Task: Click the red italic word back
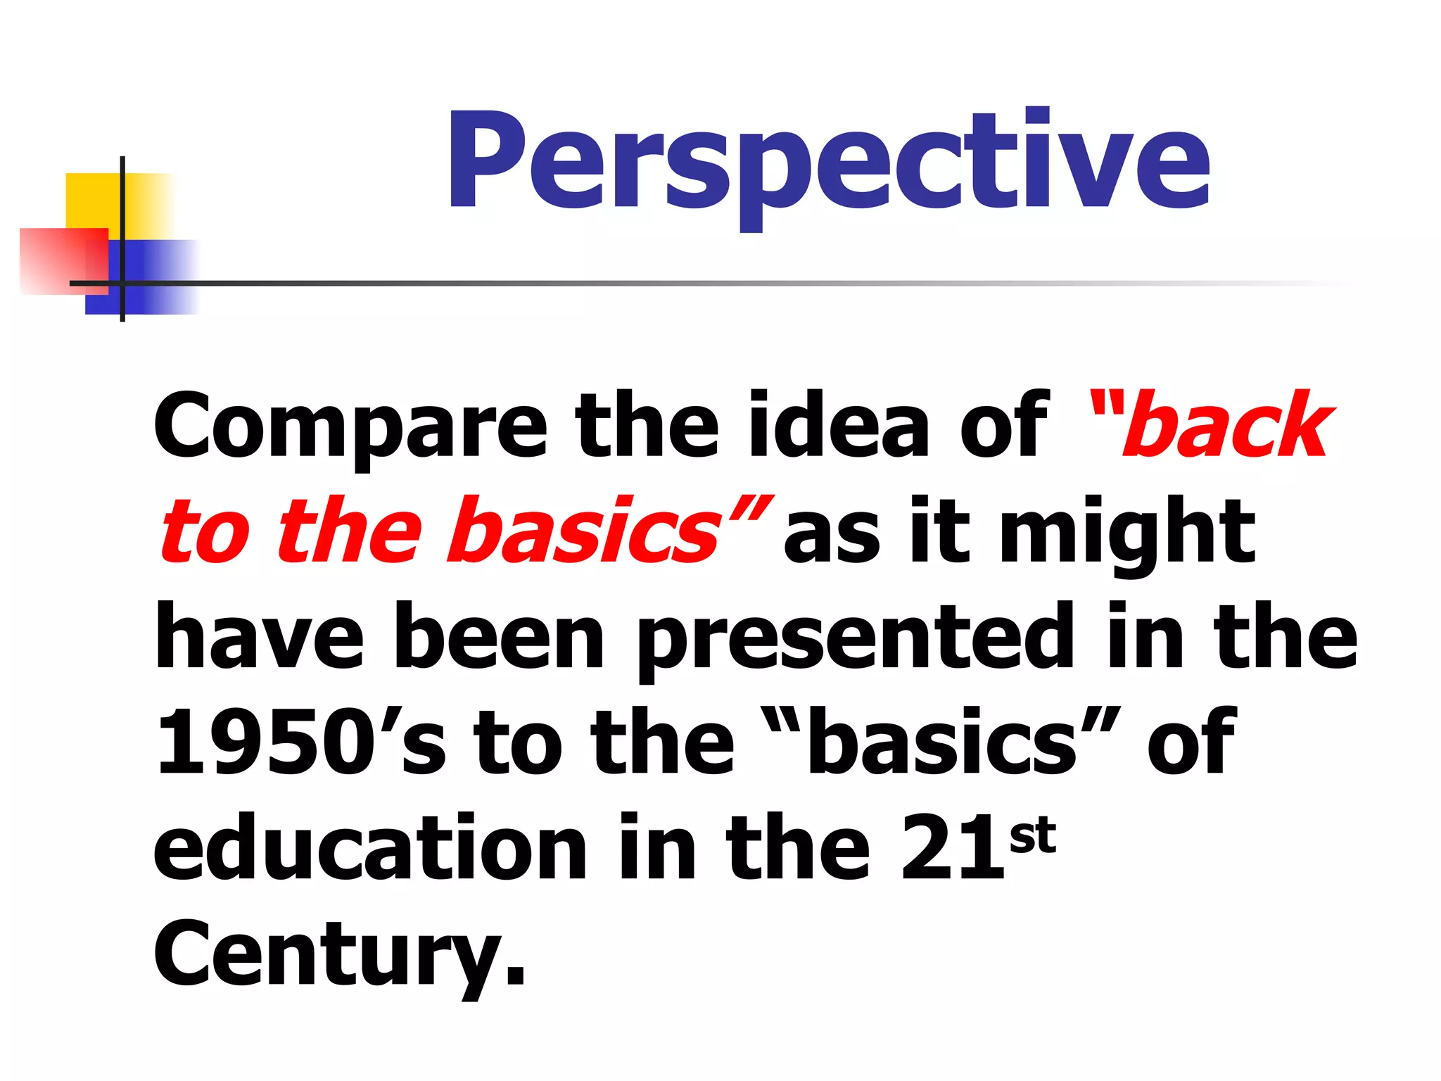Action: (1224, 426)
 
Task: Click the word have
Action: (259, 637)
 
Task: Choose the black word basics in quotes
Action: (943, 742)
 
